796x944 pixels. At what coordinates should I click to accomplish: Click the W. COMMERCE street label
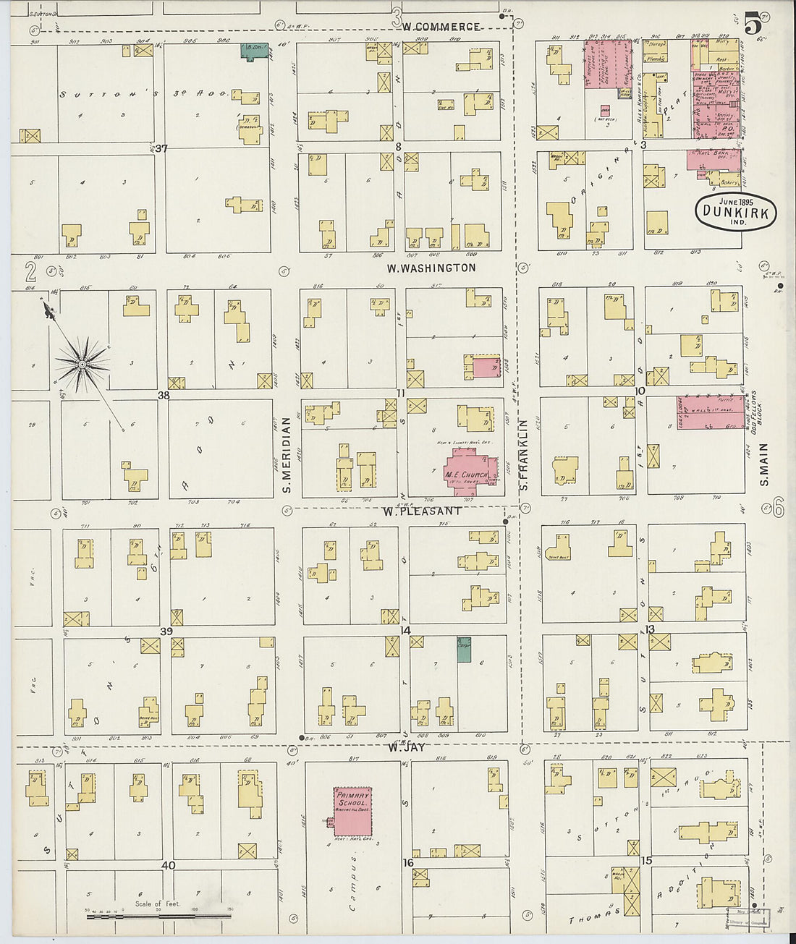pos(441,27)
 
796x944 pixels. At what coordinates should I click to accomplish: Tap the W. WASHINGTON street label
pos(431,268)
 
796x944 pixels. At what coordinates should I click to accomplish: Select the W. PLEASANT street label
pos(422,511)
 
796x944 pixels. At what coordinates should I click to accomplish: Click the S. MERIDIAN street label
pos(287,456)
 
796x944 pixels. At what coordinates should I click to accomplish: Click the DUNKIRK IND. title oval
pos(736,211)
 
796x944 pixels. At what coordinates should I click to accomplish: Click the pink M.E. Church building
pos(469,472)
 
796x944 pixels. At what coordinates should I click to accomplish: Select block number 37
pos(161,148)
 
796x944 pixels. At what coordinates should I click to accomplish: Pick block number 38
pos(164,396)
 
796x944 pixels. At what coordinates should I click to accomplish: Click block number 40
pos(168,865)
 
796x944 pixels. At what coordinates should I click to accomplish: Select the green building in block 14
pos(464,648)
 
